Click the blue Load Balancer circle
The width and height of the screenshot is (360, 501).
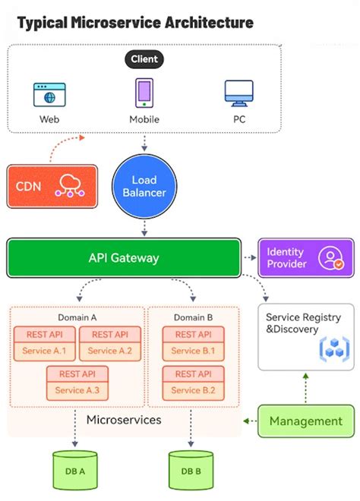144,186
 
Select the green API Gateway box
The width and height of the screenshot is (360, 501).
124,257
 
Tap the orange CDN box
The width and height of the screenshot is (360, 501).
52,187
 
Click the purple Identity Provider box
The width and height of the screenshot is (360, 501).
305,257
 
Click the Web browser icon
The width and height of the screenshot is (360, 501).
49,94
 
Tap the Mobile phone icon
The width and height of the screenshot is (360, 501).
144,93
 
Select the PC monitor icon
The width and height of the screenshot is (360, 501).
238,93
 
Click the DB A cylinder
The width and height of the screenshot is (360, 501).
75,470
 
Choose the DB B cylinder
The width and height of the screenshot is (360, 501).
191,470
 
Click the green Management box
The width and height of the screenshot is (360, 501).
305,421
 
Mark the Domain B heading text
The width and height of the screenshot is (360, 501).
194,317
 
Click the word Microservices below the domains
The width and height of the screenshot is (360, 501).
123,420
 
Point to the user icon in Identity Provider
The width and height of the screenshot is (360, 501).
332,257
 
